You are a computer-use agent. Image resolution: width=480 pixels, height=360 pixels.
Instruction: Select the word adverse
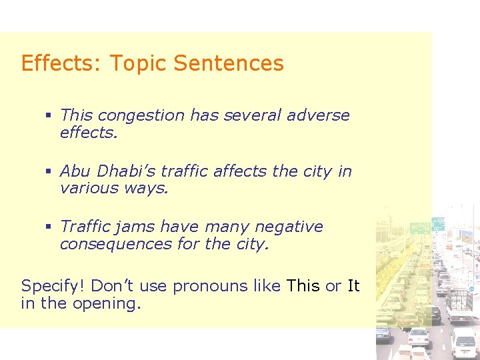click(318, 115)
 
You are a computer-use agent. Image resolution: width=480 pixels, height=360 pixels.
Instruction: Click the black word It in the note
click(353, 286)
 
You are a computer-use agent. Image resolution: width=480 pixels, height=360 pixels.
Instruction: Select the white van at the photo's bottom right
click(463, 343)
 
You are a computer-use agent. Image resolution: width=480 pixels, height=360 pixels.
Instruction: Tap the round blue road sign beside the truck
click(471, 290)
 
